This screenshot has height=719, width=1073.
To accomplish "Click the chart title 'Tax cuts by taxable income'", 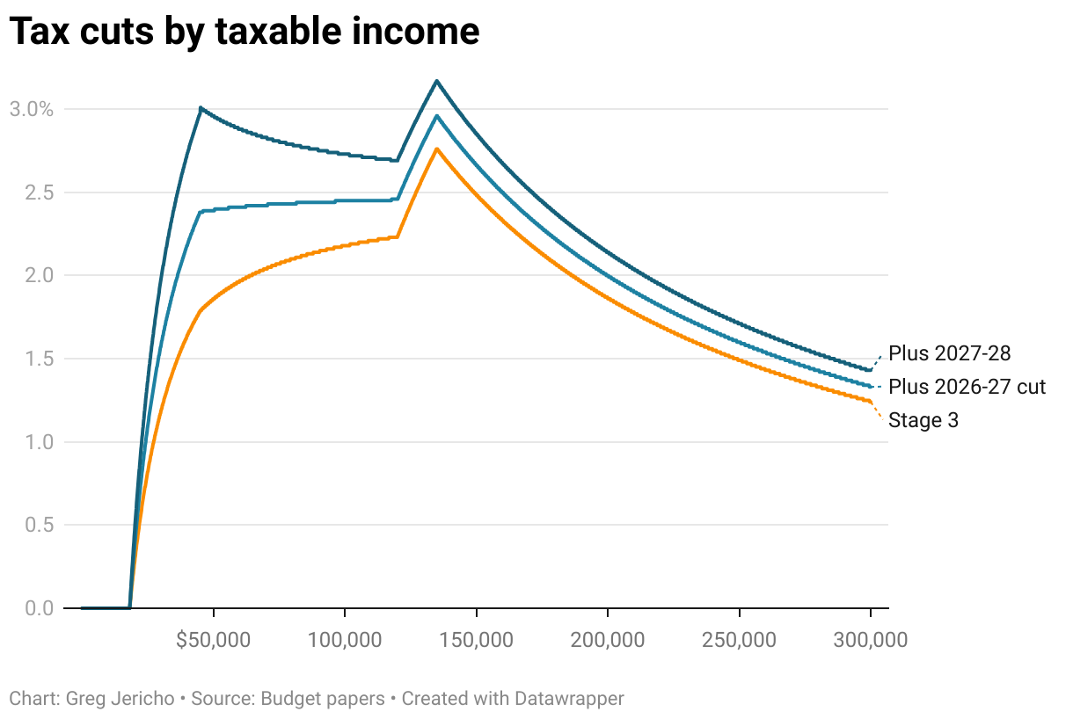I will pos(245,32).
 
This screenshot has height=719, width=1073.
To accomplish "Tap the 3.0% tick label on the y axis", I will pos(32,110).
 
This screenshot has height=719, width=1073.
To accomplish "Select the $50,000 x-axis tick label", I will pos(214,640).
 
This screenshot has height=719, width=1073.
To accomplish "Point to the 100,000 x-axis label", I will pos(345,640).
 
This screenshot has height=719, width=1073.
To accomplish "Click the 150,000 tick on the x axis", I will pos(477,640).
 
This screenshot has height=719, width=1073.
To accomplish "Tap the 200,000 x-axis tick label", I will pos(608,640).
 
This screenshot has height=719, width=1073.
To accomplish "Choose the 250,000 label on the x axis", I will pos(740,640).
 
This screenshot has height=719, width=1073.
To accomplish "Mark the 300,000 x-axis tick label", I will pos(871,640).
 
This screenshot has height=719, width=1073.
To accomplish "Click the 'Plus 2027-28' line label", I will pos(950,353).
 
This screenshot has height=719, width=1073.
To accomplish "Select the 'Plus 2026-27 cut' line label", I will pos(967,387).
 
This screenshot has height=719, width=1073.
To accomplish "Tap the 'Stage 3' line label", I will pos(923,420).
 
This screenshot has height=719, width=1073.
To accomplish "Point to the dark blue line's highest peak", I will pos(436,81).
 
